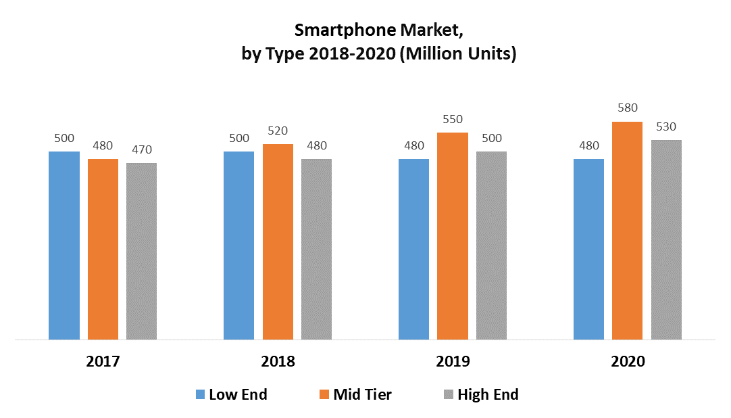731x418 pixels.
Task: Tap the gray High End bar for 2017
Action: (141, 251)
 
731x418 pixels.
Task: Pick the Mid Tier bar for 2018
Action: (278, 241)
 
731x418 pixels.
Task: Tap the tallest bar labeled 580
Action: (627, 230)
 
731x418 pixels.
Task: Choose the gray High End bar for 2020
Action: (666, 239)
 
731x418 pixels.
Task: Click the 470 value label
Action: (141, 149)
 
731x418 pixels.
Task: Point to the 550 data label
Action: (453, 119)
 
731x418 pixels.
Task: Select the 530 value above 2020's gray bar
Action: (666, 126)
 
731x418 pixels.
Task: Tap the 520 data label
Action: (278, 131)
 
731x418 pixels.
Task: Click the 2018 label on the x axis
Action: (278, 361)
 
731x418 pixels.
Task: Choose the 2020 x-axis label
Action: (628, 361)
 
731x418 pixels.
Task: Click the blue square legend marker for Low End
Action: (200, 394)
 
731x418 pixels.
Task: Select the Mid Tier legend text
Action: (362, 394)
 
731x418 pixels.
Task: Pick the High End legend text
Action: (488, 394)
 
